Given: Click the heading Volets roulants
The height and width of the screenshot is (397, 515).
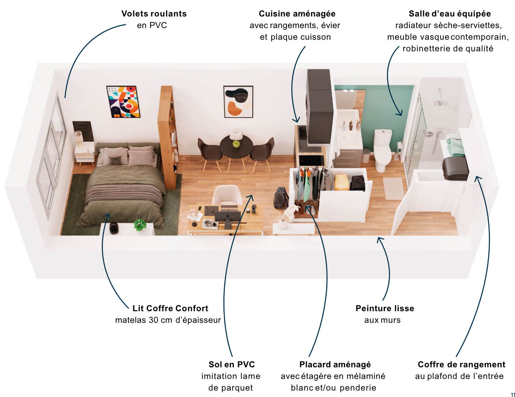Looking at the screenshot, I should (x=154, y=14).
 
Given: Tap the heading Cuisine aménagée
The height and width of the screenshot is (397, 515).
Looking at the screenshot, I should (x=297, y=14).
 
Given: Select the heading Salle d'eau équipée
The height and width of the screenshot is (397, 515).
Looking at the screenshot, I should (x=449, y=14).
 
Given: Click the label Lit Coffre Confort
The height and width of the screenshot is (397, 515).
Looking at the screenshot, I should (x=170, y=308).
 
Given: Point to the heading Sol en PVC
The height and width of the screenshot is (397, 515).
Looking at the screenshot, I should (x=231, y=364).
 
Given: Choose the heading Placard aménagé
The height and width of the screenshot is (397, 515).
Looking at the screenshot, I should (x=335, y=364).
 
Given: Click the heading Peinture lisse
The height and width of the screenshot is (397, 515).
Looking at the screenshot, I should (x=384, y=308).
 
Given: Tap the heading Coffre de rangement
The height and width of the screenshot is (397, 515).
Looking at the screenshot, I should (x=461, y=364).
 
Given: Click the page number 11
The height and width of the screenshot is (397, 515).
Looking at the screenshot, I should (x=513, y=395).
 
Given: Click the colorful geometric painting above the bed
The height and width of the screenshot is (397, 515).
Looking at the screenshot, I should (x=123, y=102).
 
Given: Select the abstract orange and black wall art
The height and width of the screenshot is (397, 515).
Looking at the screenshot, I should (x=238, y=102).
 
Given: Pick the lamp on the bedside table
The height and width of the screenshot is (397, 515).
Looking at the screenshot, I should (x=79, y=137).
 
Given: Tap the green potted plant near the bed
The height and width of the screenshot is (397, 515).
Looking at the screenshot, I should (x=140, y=225).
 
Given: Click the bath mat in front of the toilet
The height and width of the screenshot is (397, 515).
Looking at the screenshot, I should (x=393, y=188).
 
